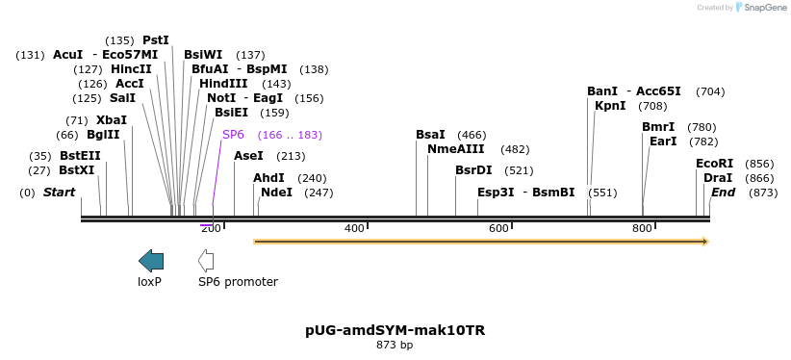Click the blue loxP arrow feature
click(x=151, y=260)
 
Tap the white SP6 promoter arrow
click(x=206, y=260)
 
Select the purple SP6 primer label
click(x=233, y=135)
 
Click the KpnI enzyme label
click(x=610, y=106)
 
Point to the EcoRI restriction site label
click(x=714, y=164)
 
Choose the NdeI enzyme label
click(x=276, y=193)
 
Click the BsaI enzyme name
click(x=430, y=135)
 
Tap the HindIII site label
click(x=223, y=84)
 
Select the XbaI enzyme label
click(x=111, y=120)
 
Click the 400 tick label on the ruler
click(x=354, y=228)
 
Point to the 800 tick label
click(x=642, y=228)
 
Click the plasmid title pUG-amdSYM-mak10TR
click(x=395, y=330)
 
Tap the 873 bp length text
click(x=395, y=345)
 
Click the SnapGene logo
click(x=760, y=8)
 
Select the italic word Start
click(x=59, y=193)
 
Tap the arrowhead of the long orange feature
click(x=704, y=242)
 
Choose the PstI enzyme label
click(x=155, y=40)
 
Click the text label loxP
click(x=149, y=282)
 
